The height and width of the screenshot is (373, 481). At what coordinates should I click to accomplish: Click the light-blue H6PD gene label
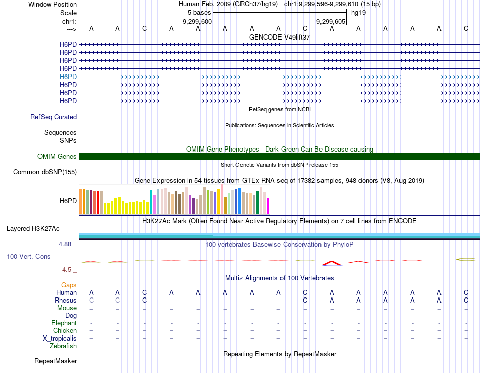68,77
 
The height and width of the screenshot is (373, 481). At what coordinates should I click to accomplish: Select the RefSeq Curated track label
54,117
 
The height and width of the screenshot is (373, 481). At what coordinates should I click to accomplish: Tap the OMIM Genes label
57,157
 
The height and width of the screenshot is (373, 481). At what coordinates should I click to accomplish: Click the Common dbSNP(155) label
45,172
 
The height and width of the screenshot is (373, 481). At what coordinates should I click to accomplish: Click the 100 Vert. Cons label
28,257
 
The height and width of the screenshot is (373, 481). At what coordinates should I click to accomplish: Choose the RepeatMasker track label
56,361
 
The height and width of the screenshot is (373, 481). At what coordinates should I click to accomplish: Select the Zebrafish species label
63,346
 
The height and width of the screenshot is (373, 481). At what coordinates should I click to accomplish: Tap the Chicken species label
65,331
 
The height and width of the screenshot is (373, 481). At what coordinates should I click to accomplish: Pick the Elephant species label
64,323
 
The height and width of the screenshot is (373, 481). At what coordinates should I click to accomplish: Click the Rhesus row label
66,301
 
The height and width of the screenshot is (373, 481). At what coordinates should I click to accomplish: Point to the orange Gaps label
69,285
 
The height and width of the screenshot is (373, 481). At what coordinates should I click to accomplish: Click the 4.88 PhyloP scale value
68,244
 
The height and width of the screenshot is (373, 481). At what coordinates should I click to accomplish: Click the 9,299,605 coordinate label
331,22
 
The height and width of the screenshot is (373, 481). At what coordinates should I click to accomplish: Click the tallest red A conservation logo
332,263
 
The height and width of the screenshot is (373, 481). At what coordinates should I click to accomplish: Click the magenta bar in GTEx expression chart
268,206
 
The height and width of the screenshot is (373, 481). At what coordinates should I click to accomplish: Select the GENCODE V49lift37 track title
279,37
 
